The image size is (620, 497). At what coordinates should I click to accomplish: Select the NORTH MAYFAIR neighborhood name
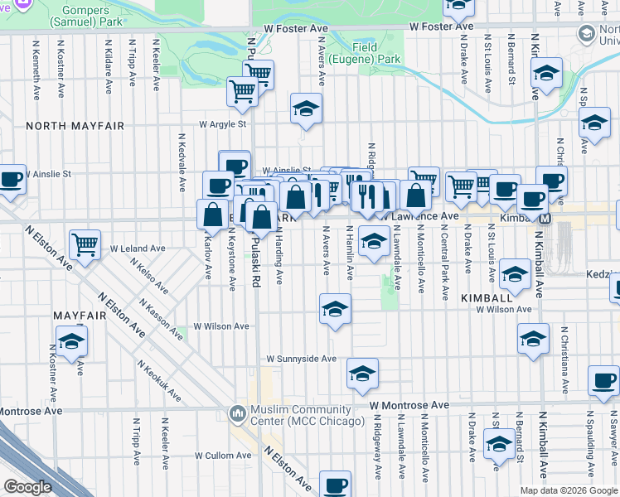75,126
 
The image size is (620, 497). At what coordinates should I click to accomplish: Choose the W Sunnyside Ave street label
301,359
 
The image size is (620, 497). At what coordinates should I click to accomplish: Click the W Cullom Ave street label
222,456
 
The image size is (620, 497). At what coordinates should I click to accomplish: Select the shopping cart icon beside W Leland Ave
85,244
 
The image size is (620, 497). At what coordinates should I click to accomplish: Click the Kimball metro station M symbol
545,219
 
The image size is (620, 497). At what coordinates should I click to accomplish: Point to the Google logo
27,487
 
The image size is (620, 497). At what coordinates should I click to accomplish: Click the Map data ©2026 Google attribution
569,490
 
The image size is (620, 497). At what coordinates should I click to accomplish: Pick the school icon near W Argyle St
306,109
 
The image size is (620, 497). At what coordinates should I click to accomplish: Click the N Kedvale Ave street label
181,162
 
